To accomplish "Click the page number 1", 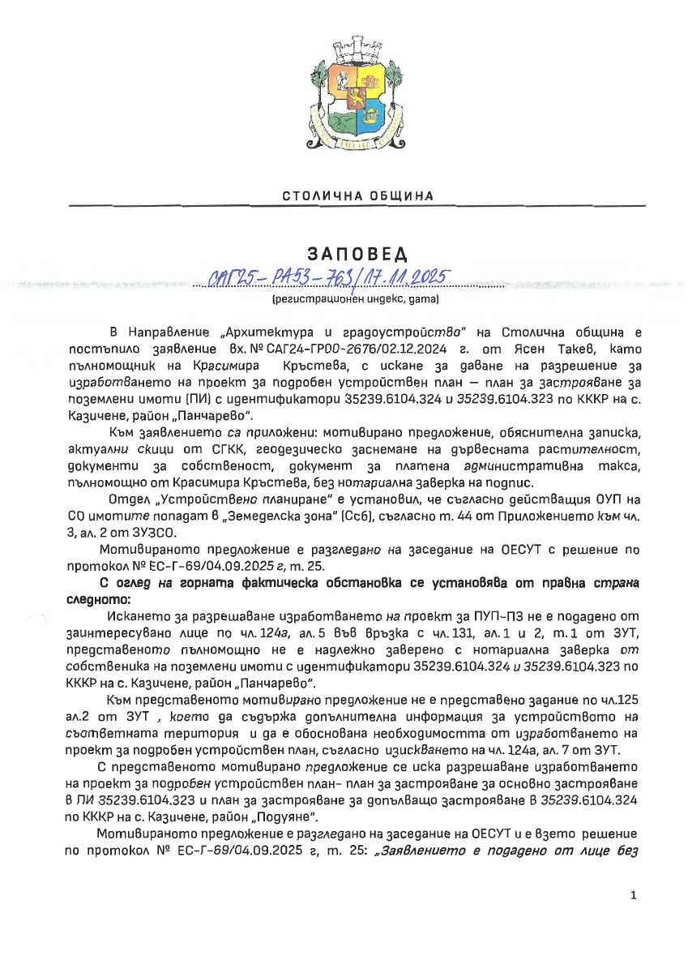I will tap(633, 895).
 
